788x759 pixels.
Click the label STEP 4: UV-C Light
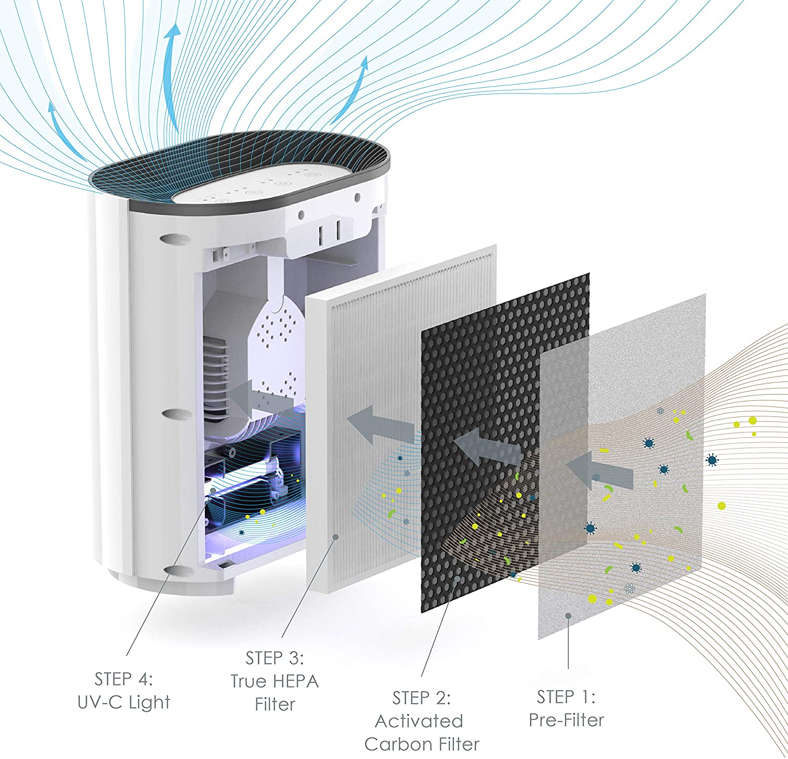tap(124, 691)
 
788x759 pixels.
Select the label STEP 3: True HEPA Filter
tap(275, 681)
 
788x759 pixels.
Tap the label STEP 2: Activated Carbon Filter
tap(421, 721)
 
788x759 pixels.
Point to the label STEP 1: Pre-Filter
tap(566, 708)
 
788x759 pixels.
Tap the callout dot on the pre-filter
tap(568, 616)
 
